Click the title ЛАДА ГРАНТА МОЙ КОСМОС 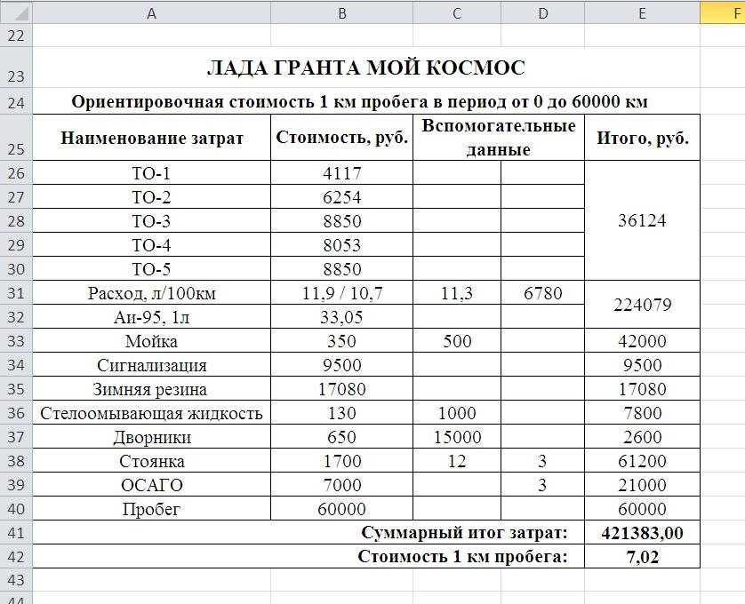[365, 68]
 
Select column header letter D [542, 12]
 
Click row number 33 [17, 341]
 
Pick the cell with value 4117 [341, 173]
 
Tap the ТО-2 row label [151, 197]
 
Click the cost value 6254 [341, 197]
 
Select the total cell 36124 [642, 220]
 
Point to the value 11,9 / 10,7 [341, 293]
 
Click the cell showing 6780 [542, 293]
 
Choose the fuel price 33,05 [341, 317]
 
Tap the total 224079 [642, 305]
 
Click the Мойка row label [151, 341]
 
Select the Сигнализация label [151, 365]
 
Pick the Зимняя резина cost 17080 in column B [341, 389]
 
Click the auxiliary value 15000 [457, 437]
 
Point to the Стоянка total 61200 [642, 461]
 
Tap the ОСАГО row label [151, 485]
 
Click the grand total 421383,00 [642, 533]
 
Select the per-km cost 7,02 [642, 557]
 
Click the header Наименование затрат [151, 138]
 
